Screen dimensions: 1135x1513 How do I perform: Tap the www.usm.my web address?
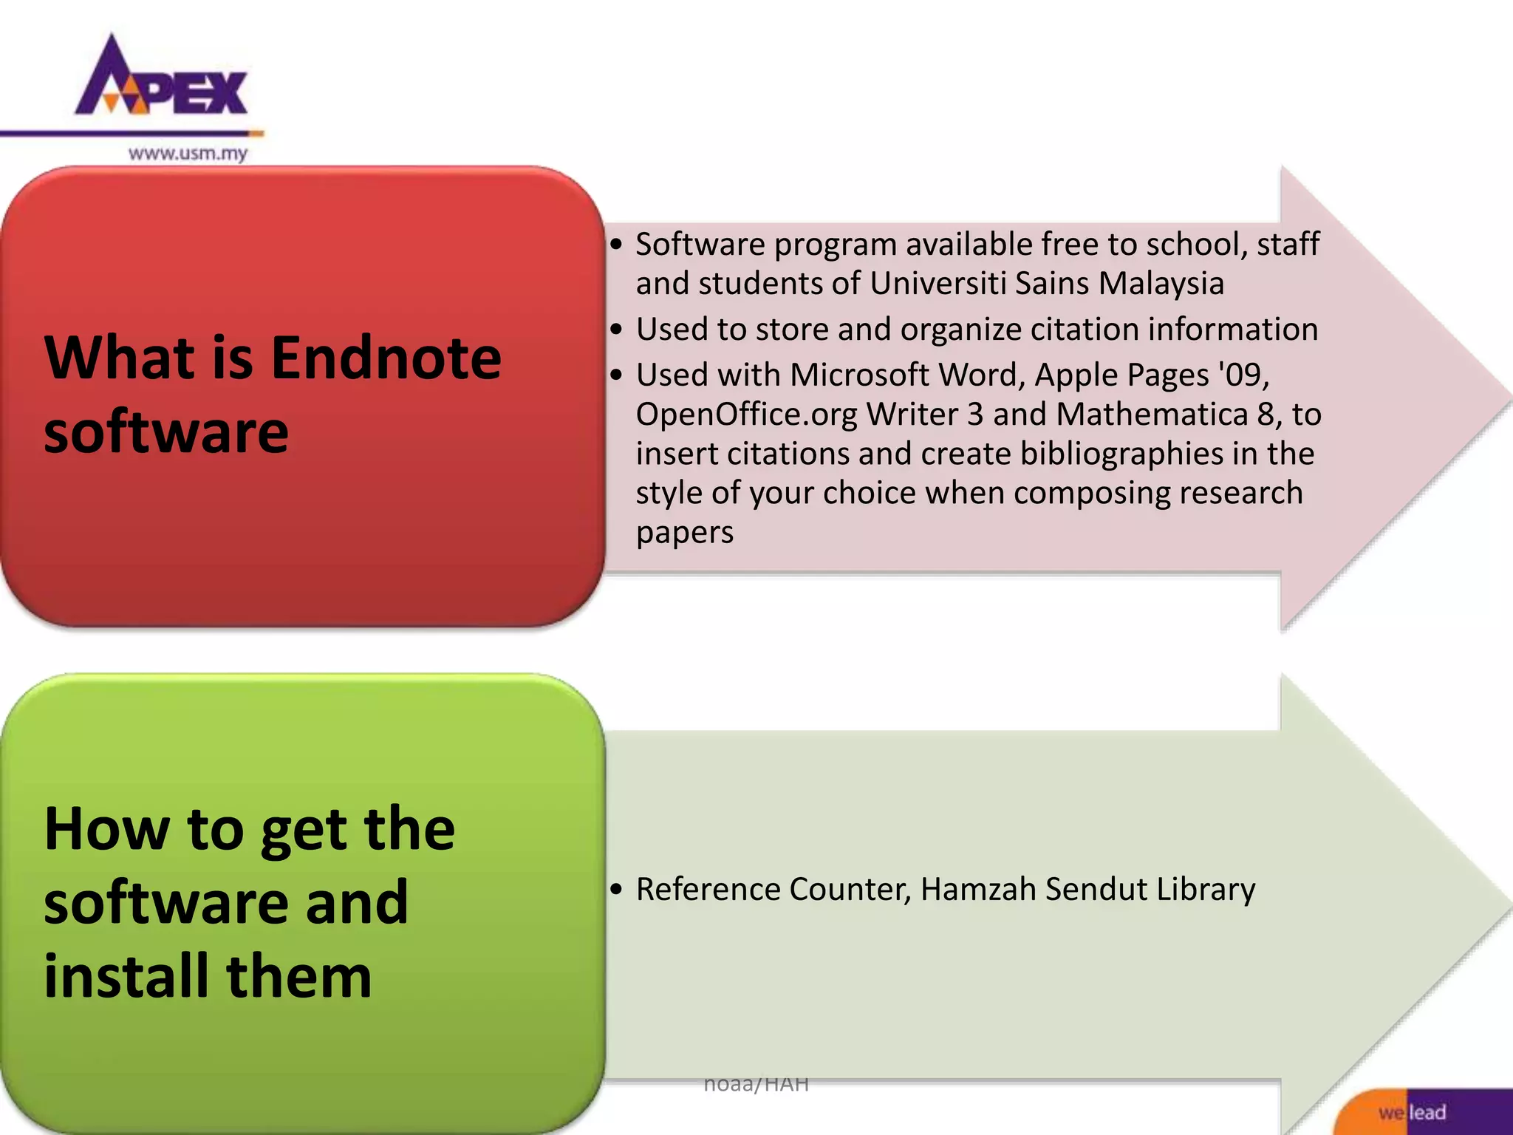(x=188, y=154)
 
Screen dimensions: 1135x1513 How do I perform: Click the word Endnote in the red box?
(x=386, y=358)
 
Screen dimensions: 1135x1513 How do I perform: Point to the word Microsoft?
(x=859, y=375)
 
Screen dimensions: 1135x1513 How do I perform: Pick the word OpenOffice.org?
(x=746, y=415)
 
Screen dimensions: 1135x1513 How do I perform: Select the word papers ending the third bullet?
(x=685, y=533)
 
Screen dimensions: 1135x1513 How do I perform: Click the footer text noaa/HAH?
(x=756, y=1084)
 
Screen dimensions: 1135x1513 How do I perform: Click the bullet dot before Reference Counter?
(x=617, y=890)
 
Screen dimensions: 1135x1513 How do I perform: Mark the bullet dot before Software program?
(x=617, y=245)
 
